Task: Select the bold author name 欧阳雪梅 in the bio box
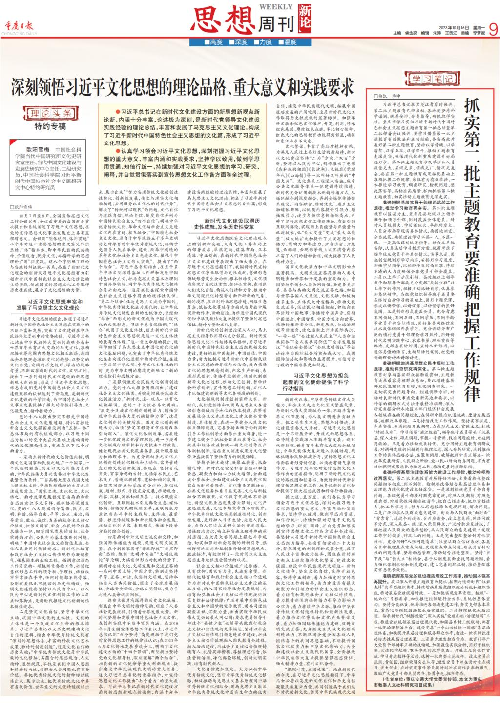[x=37, y=149]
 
